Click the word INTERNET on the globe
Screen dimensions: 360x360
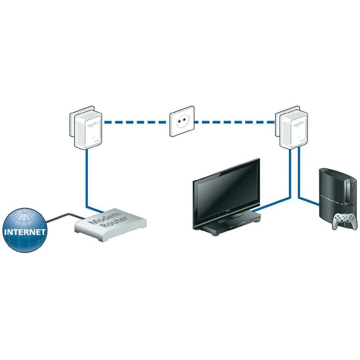click(25, 231)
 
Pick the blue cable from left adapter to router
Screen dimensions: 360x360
click(86, 180)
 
